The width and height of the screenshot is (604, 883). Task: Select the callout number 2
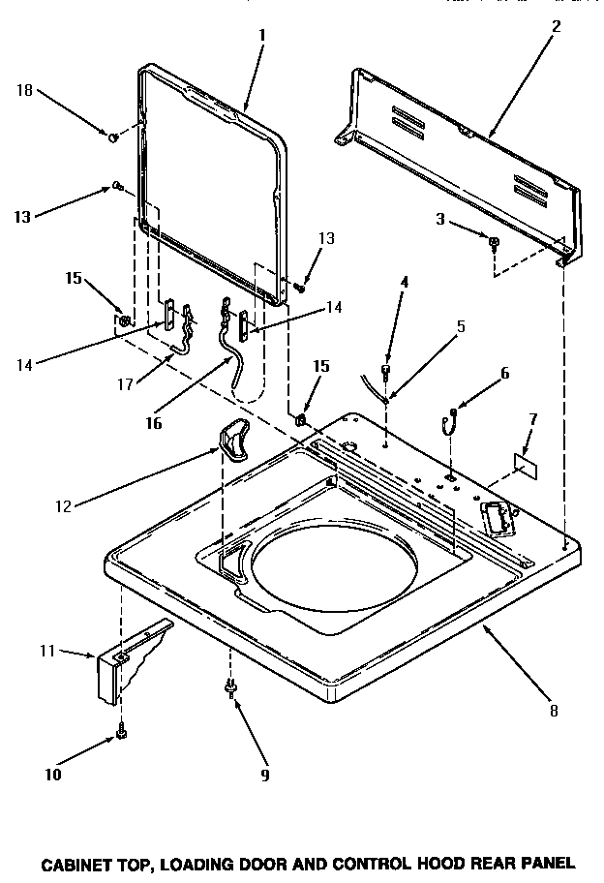[x=556, y=26]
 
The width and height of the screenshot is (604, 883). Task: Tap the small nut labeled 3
[x=494, y=242]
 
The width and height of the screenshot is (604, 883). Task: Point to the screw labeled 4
[x=387, y=369]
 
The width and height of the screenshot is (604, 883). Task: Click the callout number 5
[x=461, y=326]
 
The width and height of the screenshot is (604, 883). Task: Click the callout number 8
[x=553, y=710]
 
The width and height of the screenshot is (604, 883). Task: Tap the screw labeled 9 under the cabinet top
[x=230, y=687]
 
